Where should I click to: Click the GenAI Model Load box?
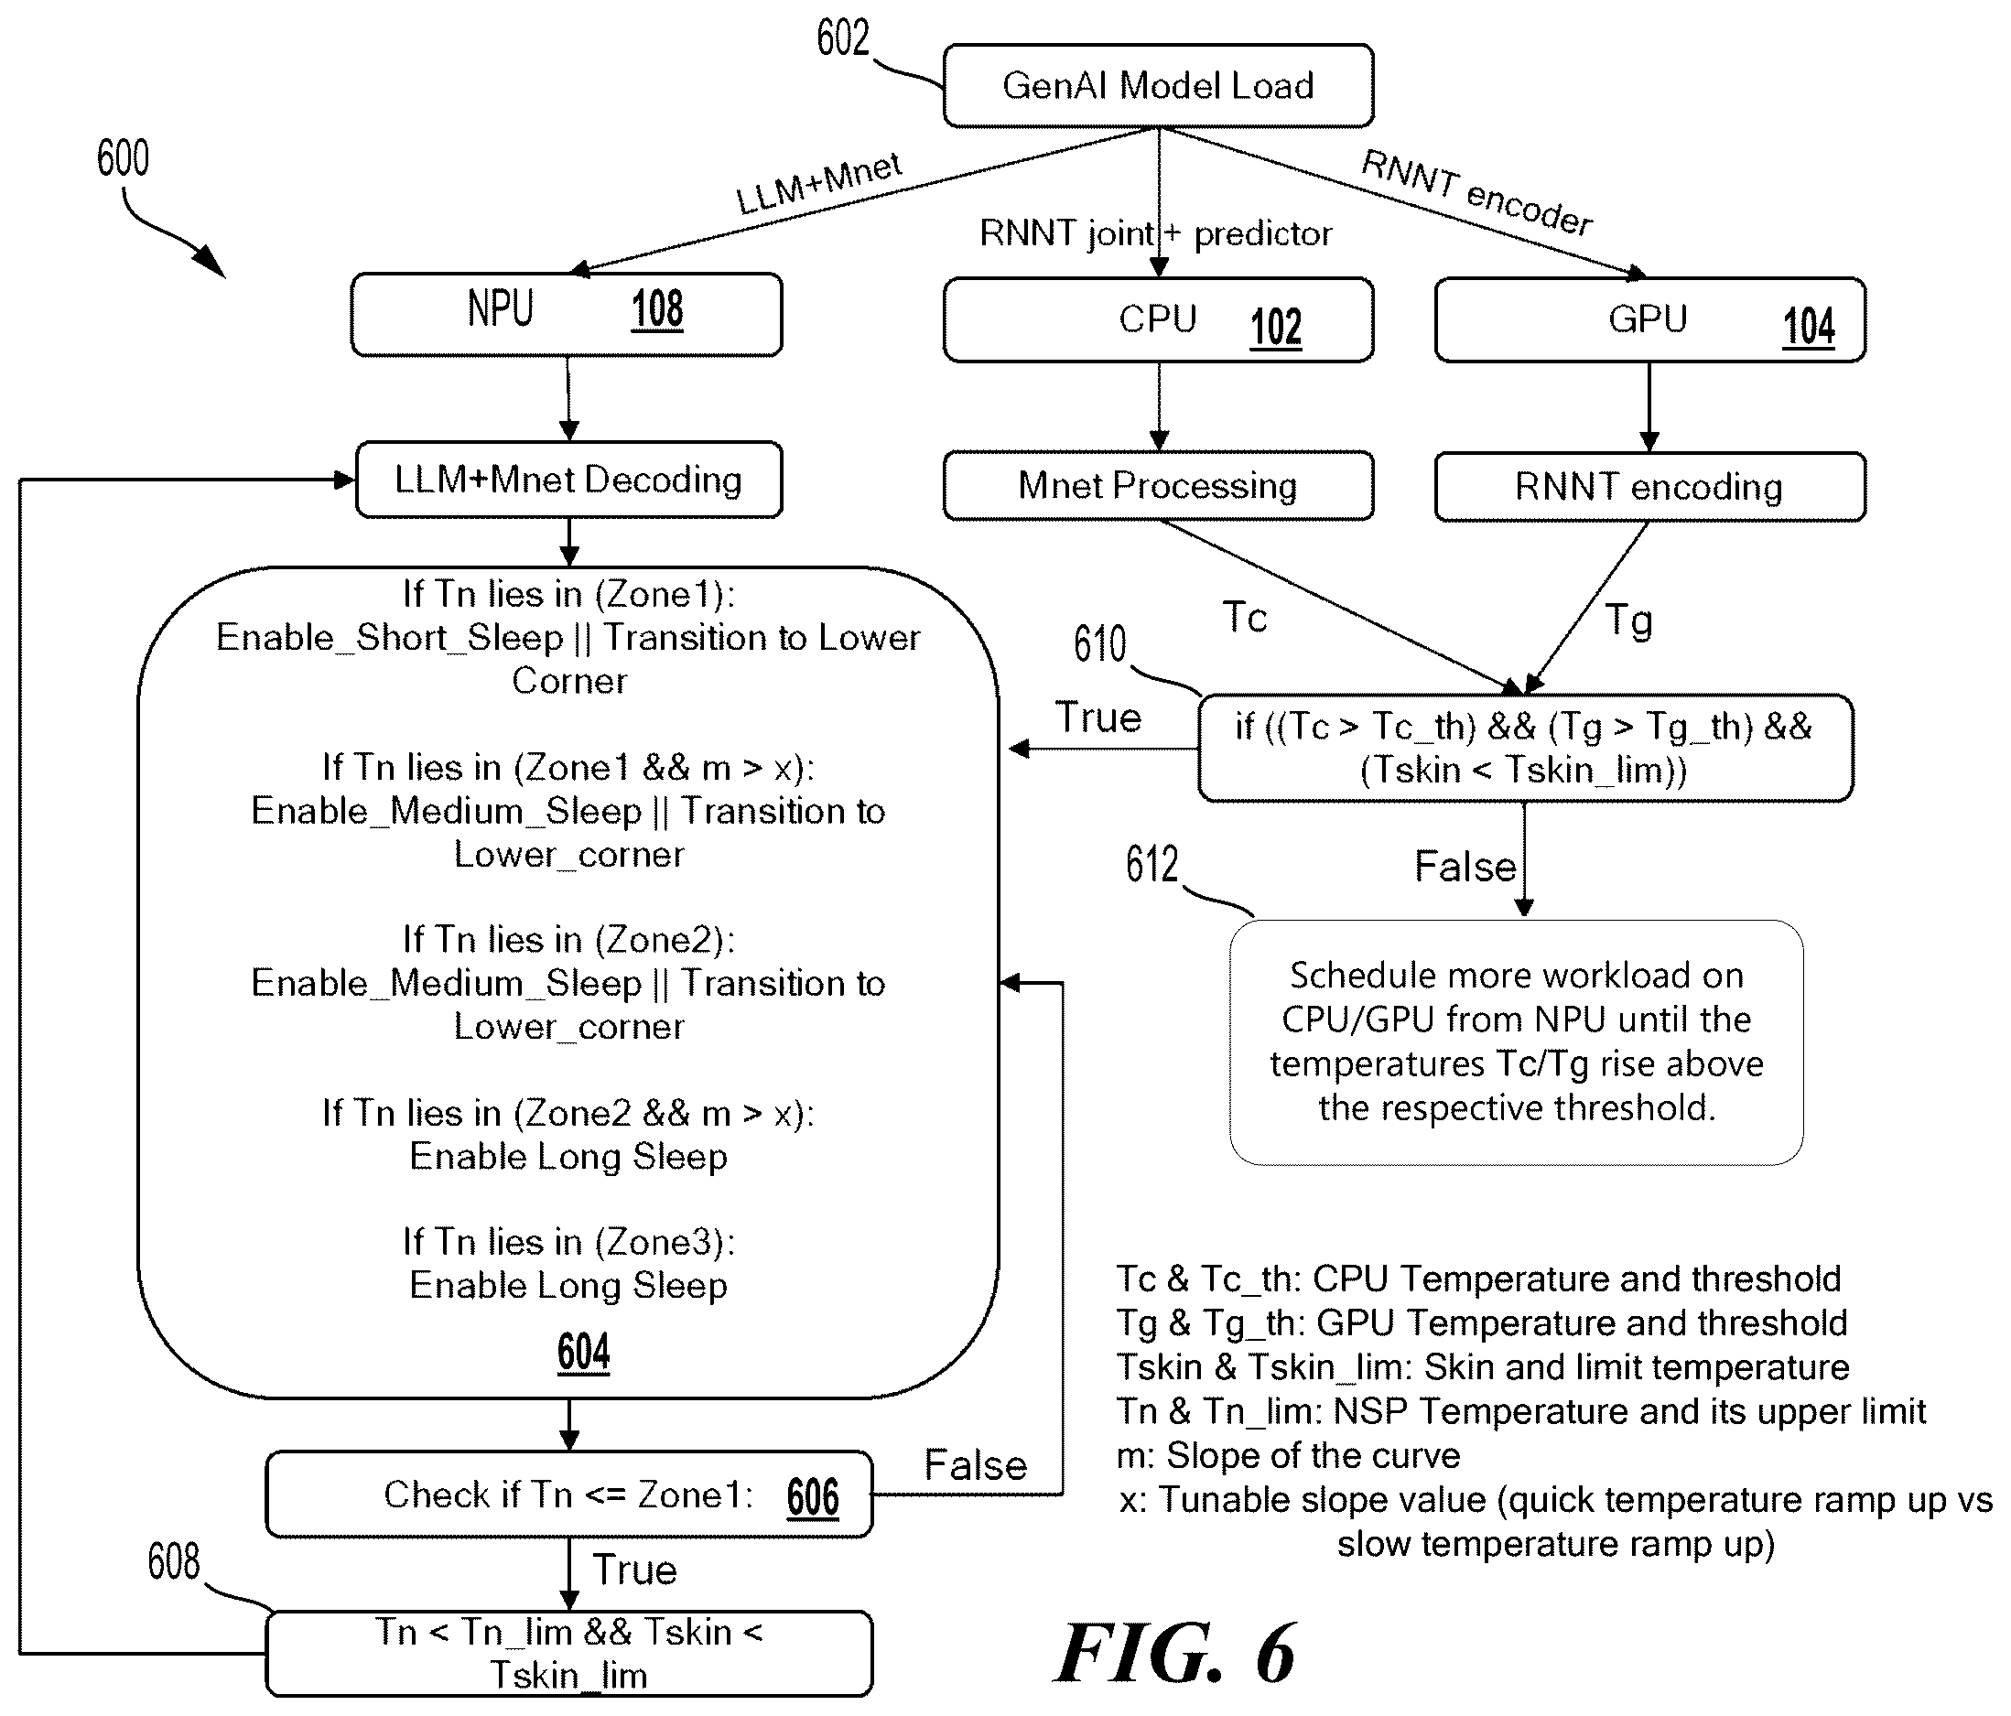pos(1158,85)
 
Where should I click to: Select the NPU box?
pos(567,315)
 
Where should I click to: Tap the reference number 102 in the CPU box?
pos(1275,326)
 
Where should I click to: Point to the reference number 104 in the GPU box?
pos(1809,326)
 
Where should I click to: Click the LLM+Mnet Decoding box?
pos(568,480)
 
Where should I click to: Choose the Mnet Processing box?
pos(1158,485)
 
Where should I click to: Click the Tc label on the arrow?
pos(1244,617)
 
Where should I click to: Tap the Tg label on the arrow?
pos(1628,621)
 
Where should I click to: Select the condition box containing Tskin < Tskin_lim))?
pos(1525,748)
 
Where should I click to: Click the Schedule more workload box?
pos(1516,1042)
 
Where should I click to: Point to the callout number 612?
pos(1152,863)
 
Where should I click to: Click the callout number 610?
pos(1099,643)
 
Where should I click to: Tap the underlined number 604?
pos(583,1351)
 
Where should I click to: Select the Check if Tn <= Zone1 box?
pos(568,1494)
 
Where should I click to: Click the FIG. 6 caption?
pos(1175,1653)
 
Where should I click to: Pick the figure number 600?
pos(124,158)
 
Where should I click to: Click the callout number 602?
pos(842,38)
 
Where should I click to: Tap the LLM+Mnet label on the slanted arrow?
pos(820,182)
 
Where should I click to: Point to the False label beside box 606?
pos(976,1464)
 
